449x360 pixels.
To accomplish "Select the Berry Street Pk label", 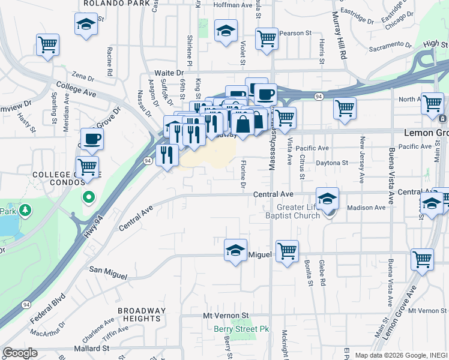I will pyautogui.click(x=241, y=329).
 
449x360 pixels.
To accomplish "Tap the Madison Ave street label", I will pyautogui.click(x=366, y=208).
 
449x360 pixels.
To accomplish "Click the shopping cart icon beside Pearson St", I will pyautogui.click(x=267, y=38).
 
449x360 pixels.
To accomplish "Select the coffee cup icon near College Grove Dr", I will pyautogui.click(x=92, y=139).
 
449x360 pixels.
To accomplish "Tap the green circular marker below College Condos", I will pyautogui.click(x=88, y=197).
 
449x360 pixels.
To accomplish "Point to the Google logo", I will pyautogui.click(x=20, y=353).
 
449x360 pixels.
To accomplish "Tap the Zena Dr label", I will pyautogui.click(x=83, y=78).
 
